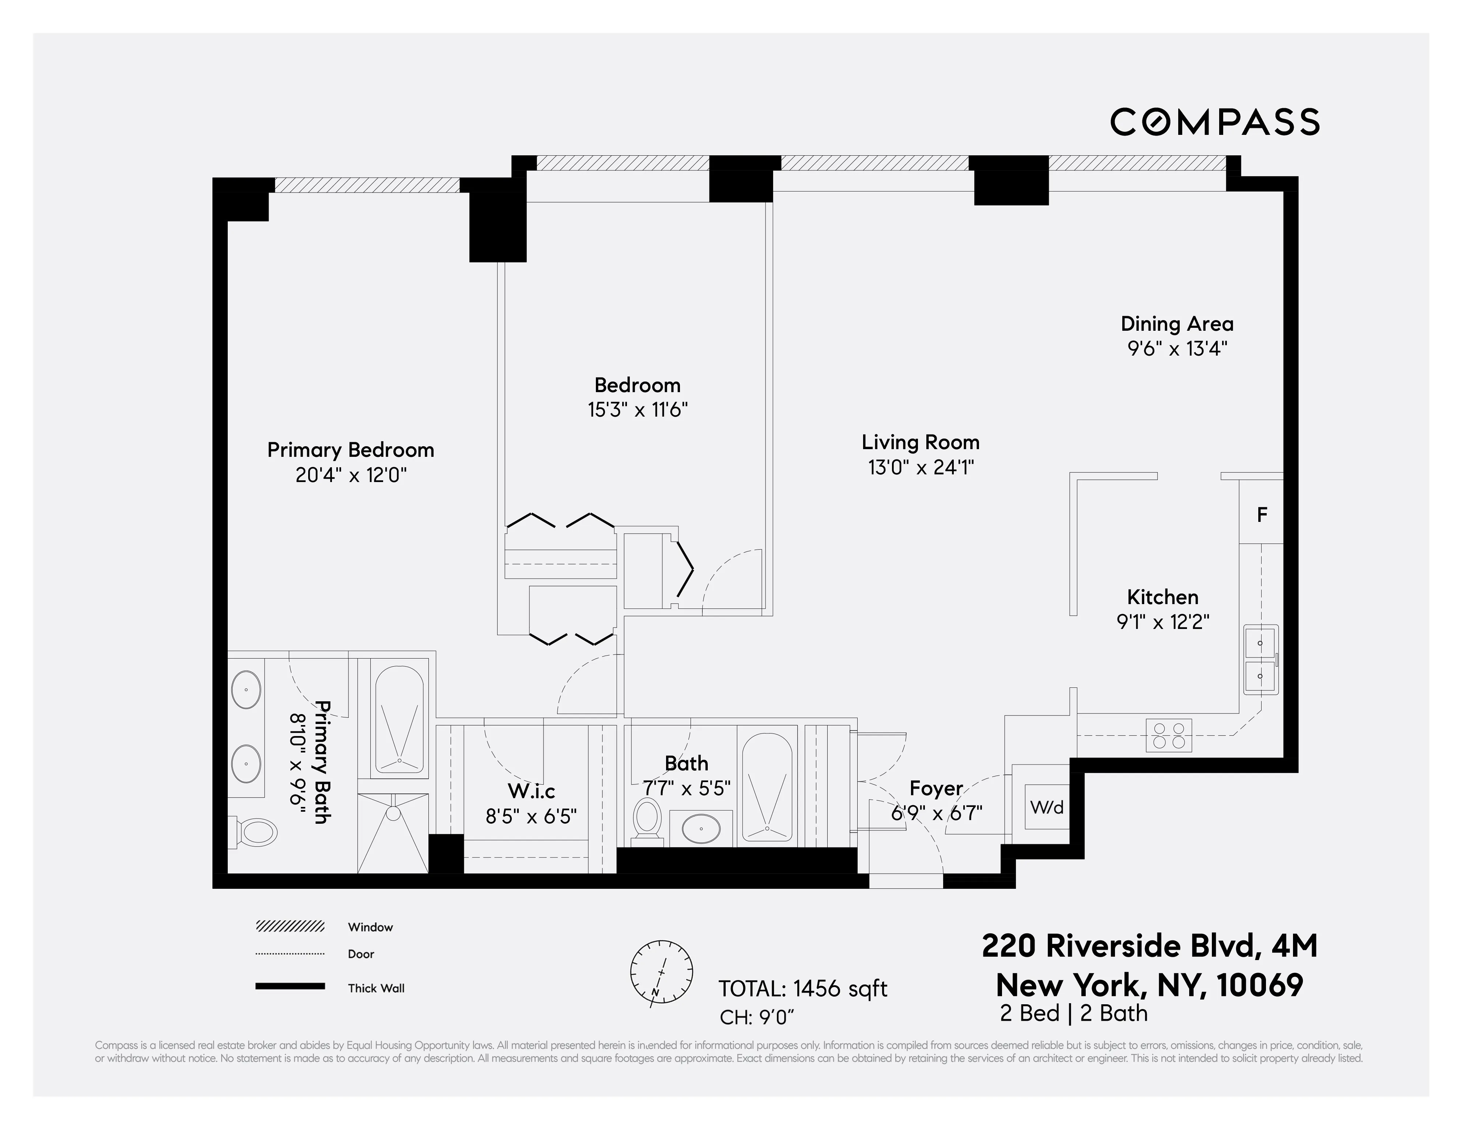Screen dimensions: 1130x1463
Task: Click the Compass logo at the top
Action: (1214, 122)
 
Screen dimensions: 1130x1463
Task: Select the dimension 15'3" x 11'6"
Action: (638, 409)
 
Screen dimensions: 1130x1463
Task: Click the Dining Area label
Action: (1177, 324)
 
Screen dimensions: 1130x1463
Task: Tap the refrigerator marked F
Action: (1261, 515)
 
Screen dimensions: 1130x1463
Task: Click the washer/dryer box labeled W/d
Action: (1046, 807)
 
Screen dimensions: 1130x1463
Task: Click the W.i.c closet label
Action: (531, 791)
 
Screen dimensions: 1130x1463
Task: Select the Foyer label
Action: (936, 788)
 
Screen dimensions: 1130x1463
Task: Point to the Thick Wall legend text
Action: (376, 988)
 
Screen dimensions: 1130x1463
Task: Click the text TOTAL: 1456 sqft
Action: (802, 989)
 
